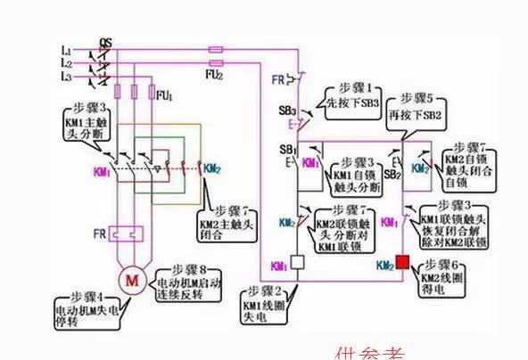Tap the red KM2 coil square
(x=402, y=264)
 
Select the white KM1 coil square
(x=298, y=264)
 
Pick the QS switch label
(x=105, y=42)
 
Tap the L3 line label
(x=65, y=78)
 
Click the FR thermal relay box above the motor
(x=131, y=234)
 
